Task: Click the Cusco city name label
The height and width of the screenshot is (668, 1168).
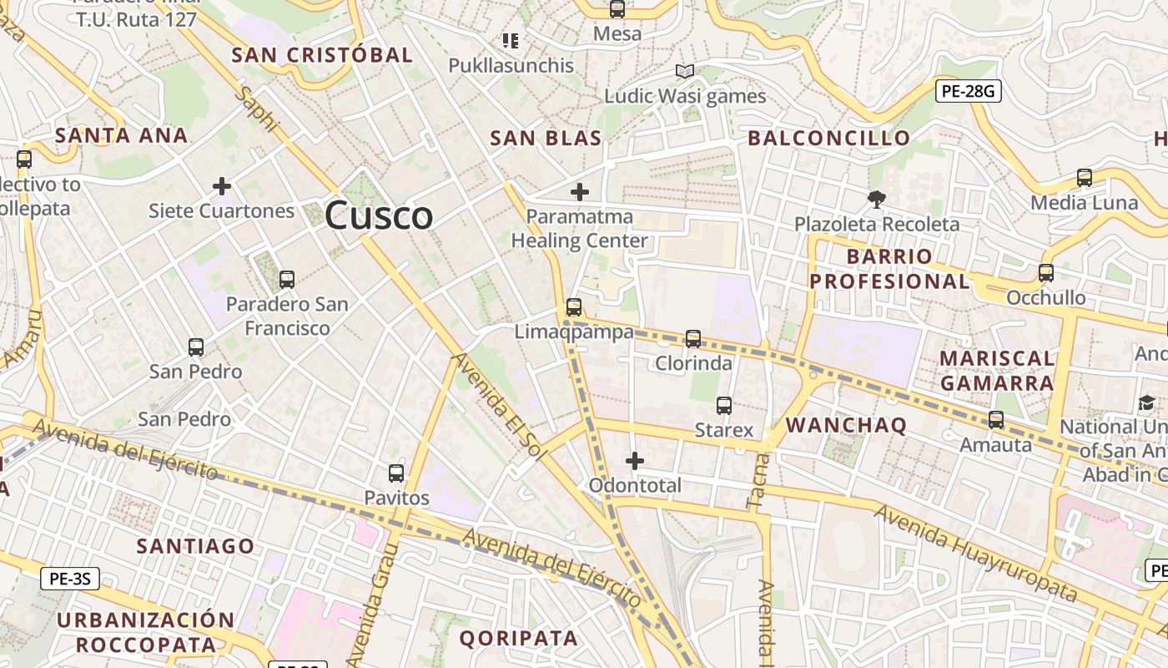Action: (379, 215)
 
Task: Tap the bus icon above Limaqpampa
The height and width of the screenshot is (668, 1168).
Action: (573, 306)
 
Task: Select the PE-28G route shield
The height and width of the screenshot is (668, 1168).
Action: (968, 91)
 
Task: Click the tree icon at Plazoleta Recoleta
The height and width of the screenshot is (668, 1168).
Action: (876, 200)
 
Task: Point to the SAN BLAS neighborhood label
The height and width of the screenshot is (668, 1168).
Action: (546, 138)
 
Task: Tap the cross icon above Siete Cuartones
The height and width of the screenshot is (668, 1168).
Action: (221, 185)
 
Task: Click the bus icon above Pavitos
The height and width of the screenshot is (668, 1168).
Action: (396, 473)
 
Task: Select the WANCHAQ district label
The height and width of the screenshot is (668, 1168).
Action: (846, 425)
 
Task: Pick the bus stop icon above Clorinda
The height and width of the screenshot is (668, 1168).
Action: (693, 339)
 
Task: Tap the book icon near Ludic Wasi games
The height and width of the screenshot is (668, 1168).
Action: (685, 72)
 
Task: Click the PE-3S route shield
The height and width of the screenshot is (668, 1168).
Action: (70, 578)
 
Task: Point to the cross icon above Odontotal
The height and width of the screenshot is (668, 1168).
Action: (635, 460)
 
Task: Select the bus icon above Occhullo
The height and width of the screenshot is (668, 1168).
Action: (1045, 273)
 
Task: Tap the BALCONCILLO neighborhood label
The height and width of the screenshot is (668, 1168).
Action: (828, 138)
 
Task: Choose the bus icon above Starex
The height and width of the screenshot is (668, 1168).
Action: (723, 406)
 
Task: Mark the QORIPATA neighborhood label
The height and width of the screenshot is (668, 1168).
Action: (518, 639)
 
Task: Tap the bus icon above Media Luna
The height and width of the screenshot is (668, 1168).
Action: (1084, 178)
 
